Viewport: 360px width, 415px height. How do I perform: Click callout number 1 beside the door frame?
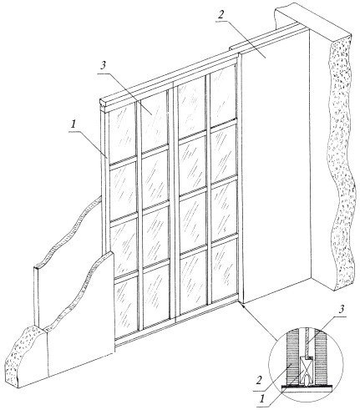tap(73, 124)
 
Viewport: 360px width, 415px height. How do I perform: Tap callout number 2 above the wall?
tap(221, 14)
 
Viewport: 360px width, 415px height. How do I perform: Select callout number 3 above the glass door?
tap(103, 65)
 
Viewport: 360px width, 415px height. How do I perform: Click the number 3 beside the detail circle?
tap(342, 309)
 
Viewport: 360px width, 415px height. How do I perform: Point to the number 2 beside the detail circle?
tap(259, 381)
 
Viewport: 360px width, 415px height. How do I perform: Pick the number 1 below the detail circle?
tap(261, 399)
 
